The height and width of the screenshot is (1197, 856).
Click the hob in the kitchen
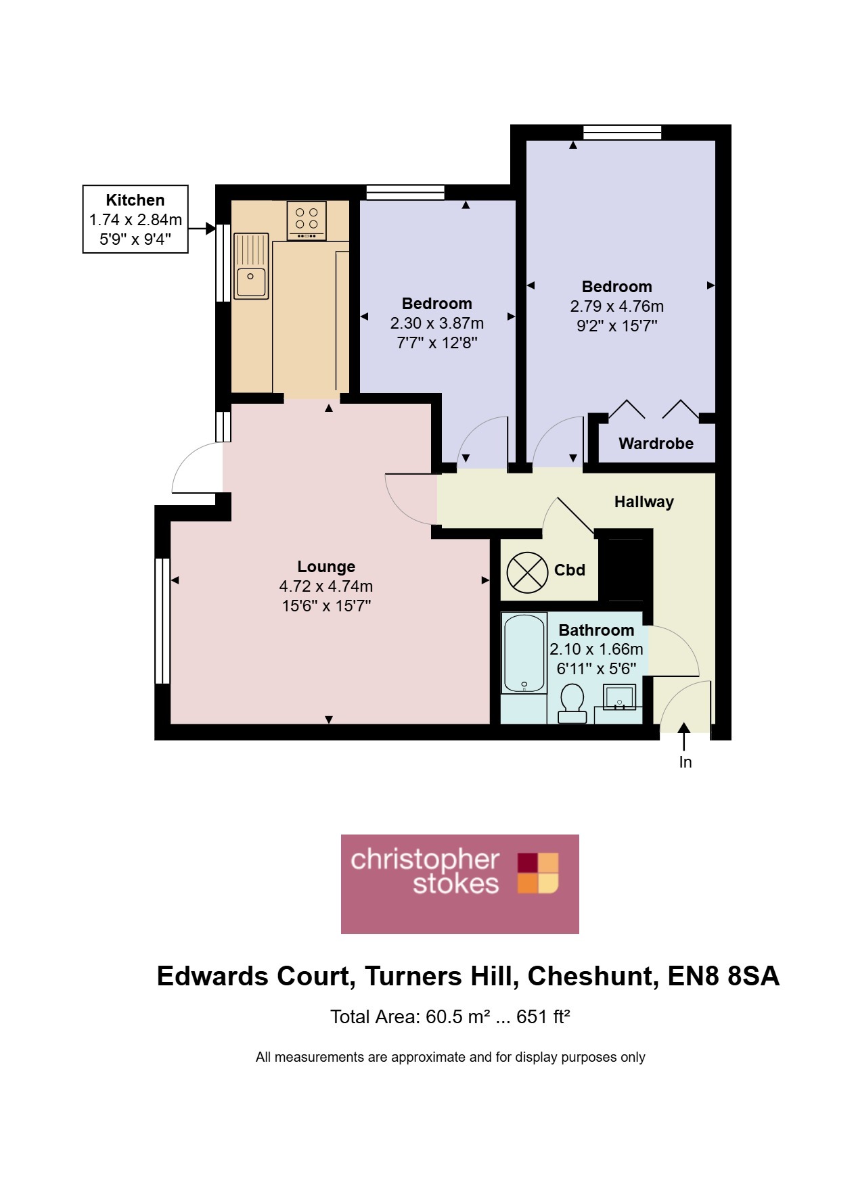307,220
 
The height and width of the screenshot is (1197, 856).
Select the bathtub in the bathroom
524,653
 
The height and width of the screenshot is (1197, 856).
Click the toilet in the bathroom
572,703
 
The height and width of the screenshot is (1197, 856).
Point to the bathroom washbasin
619,697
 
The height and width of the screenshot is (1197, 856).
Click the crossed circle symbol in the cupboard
527,572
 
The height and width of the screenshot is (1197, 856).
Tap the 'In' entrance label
685,762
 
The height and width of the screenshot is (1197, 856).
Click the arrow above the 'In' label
683,736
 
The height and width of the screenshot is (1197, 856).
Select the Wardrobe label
656,444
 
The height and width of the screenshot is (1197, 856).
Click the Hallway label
644,502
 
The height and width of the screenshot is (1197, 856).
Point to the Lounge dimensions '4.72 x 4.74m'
326,586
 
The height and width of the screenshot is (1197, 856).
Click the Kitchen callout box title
135,200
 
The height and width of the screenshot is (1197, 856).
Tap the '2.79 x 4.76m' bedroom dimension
617,306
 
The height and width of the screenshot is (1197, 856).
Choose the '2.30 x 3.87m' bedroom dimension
437,323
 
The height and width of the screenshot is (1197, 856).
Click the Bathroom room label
596,630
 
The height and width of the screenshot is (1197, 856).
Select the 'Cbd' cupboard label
570,570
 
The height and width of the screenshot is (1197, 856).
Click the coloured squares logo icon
539,873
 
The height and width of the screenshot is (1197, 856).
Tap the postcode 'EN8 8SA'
723,977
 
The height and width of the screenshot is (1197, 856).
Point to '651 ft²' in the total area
543,1017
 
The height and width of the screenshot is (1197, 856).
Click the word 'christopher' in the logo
425,860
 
